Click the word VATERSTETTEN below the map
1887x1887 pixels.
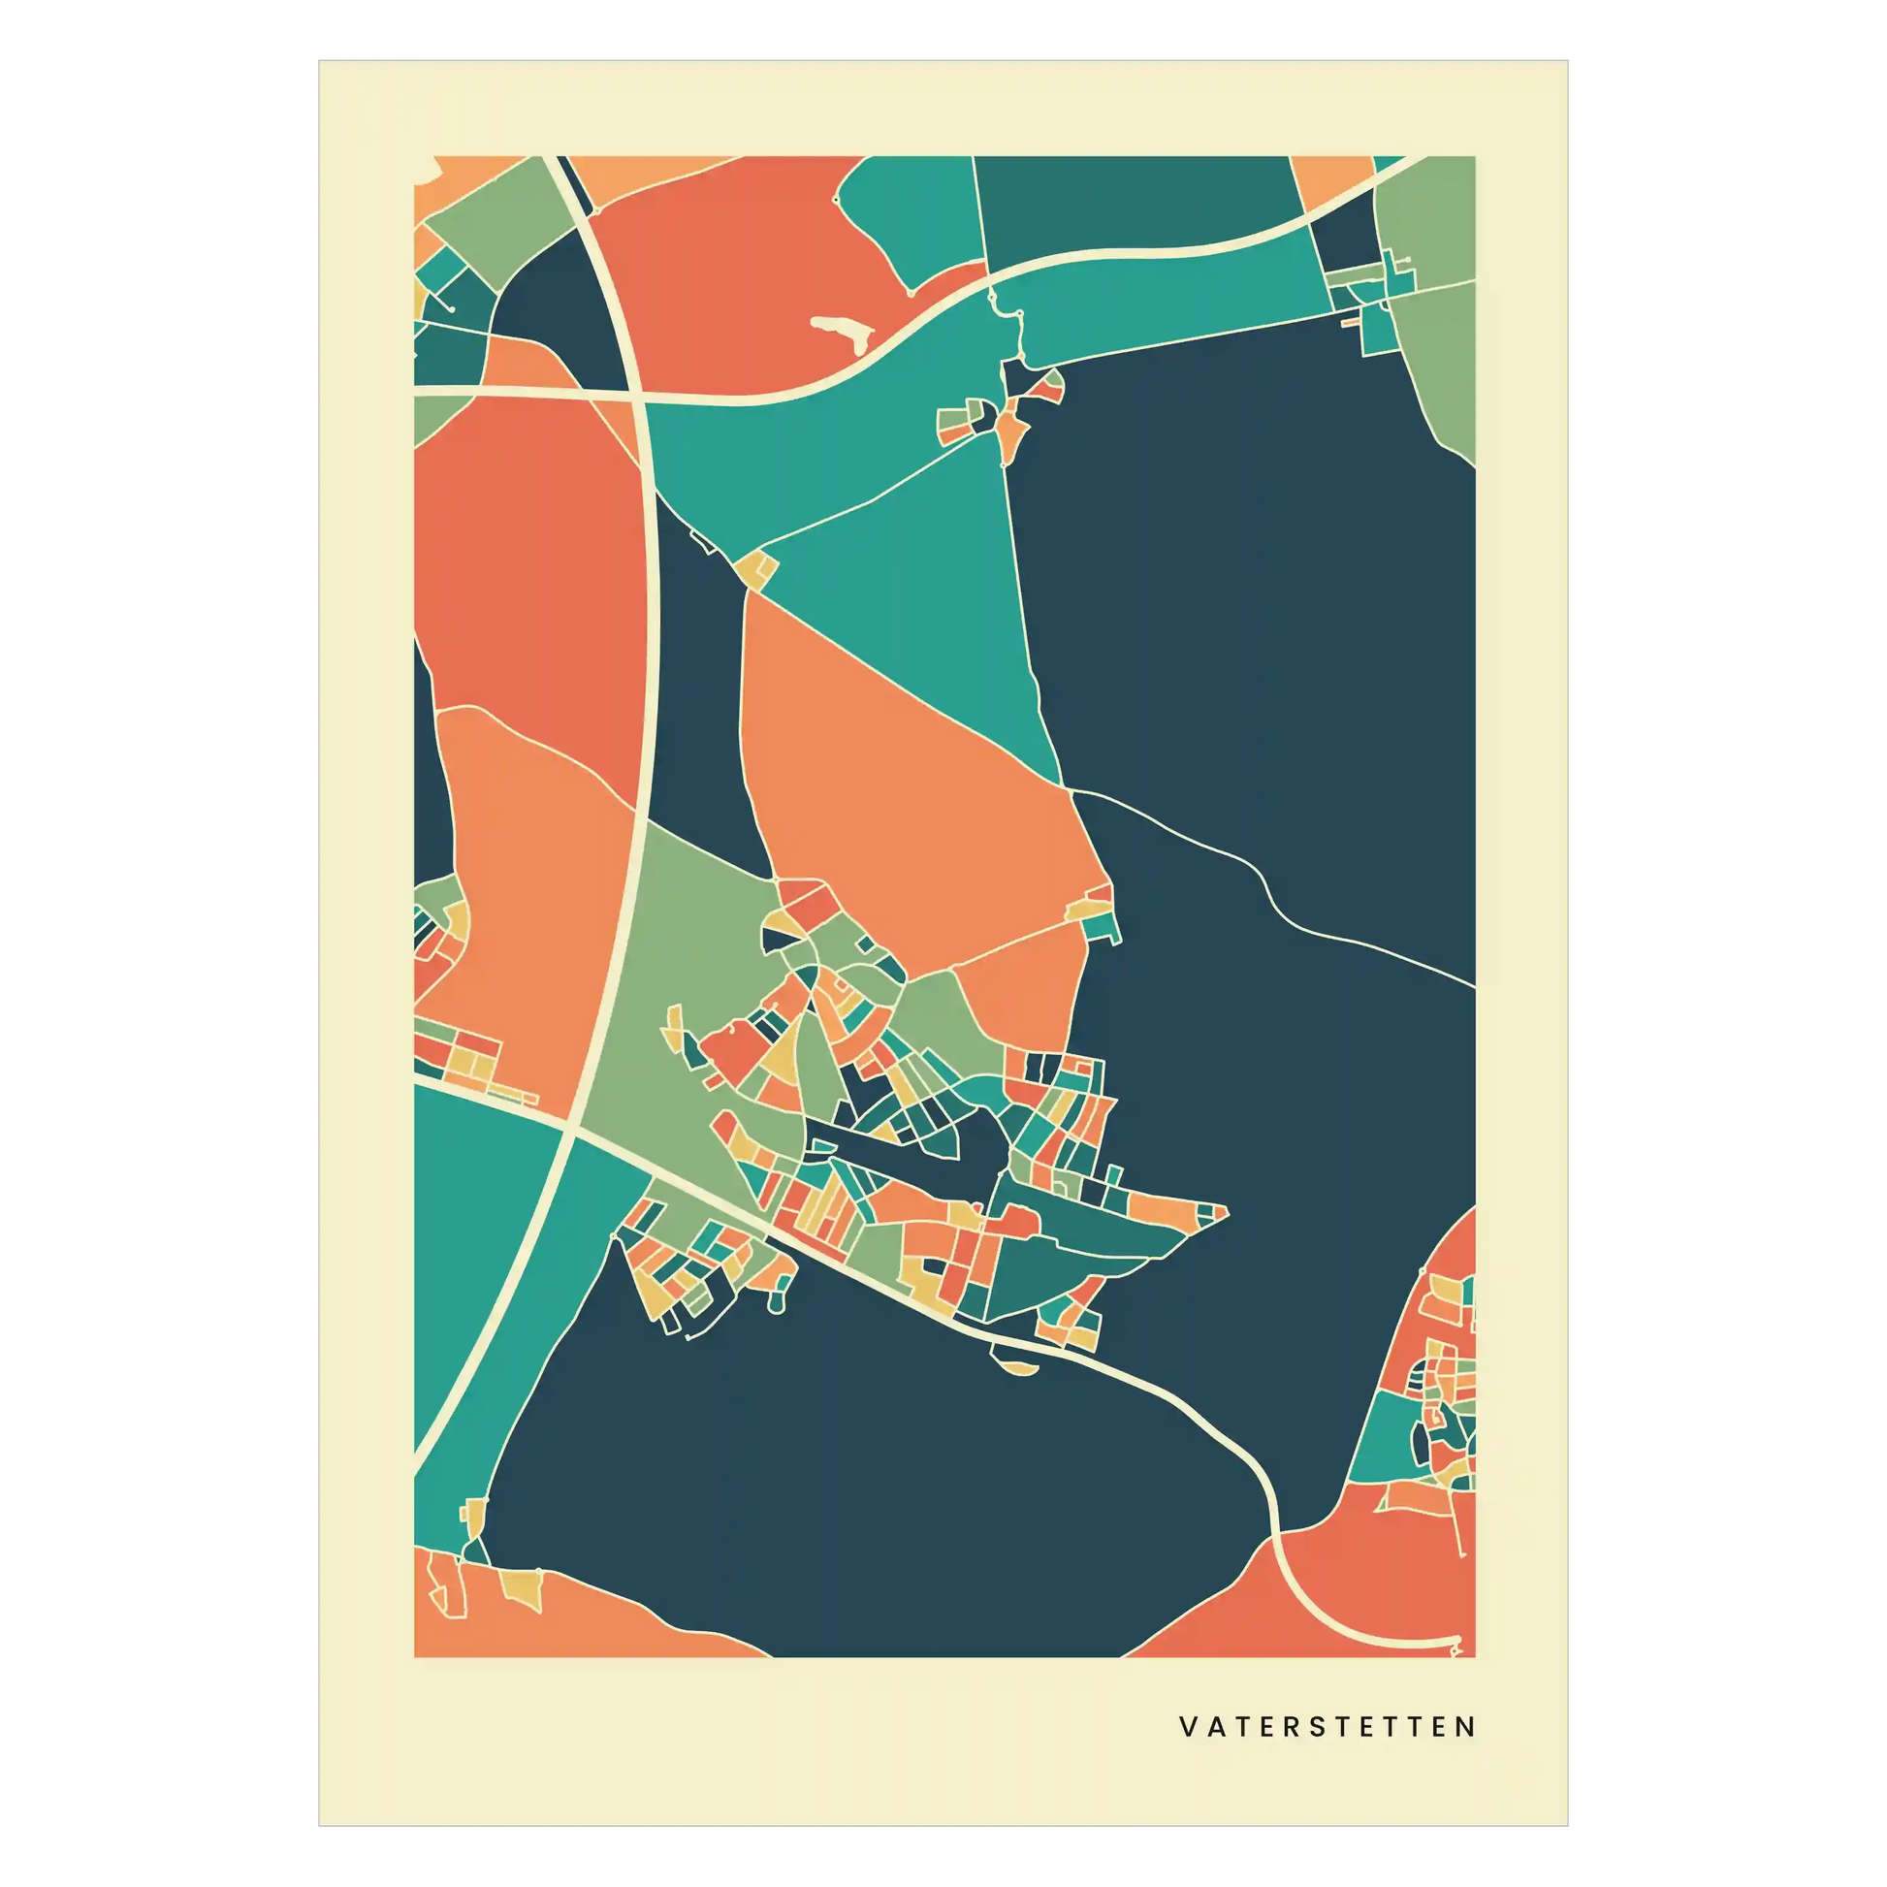[1327, 1727]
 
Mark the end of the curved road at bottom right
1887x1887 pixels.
[1457, 1641]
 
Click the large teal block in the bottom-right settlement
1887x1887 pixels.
[1385, 1436]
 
